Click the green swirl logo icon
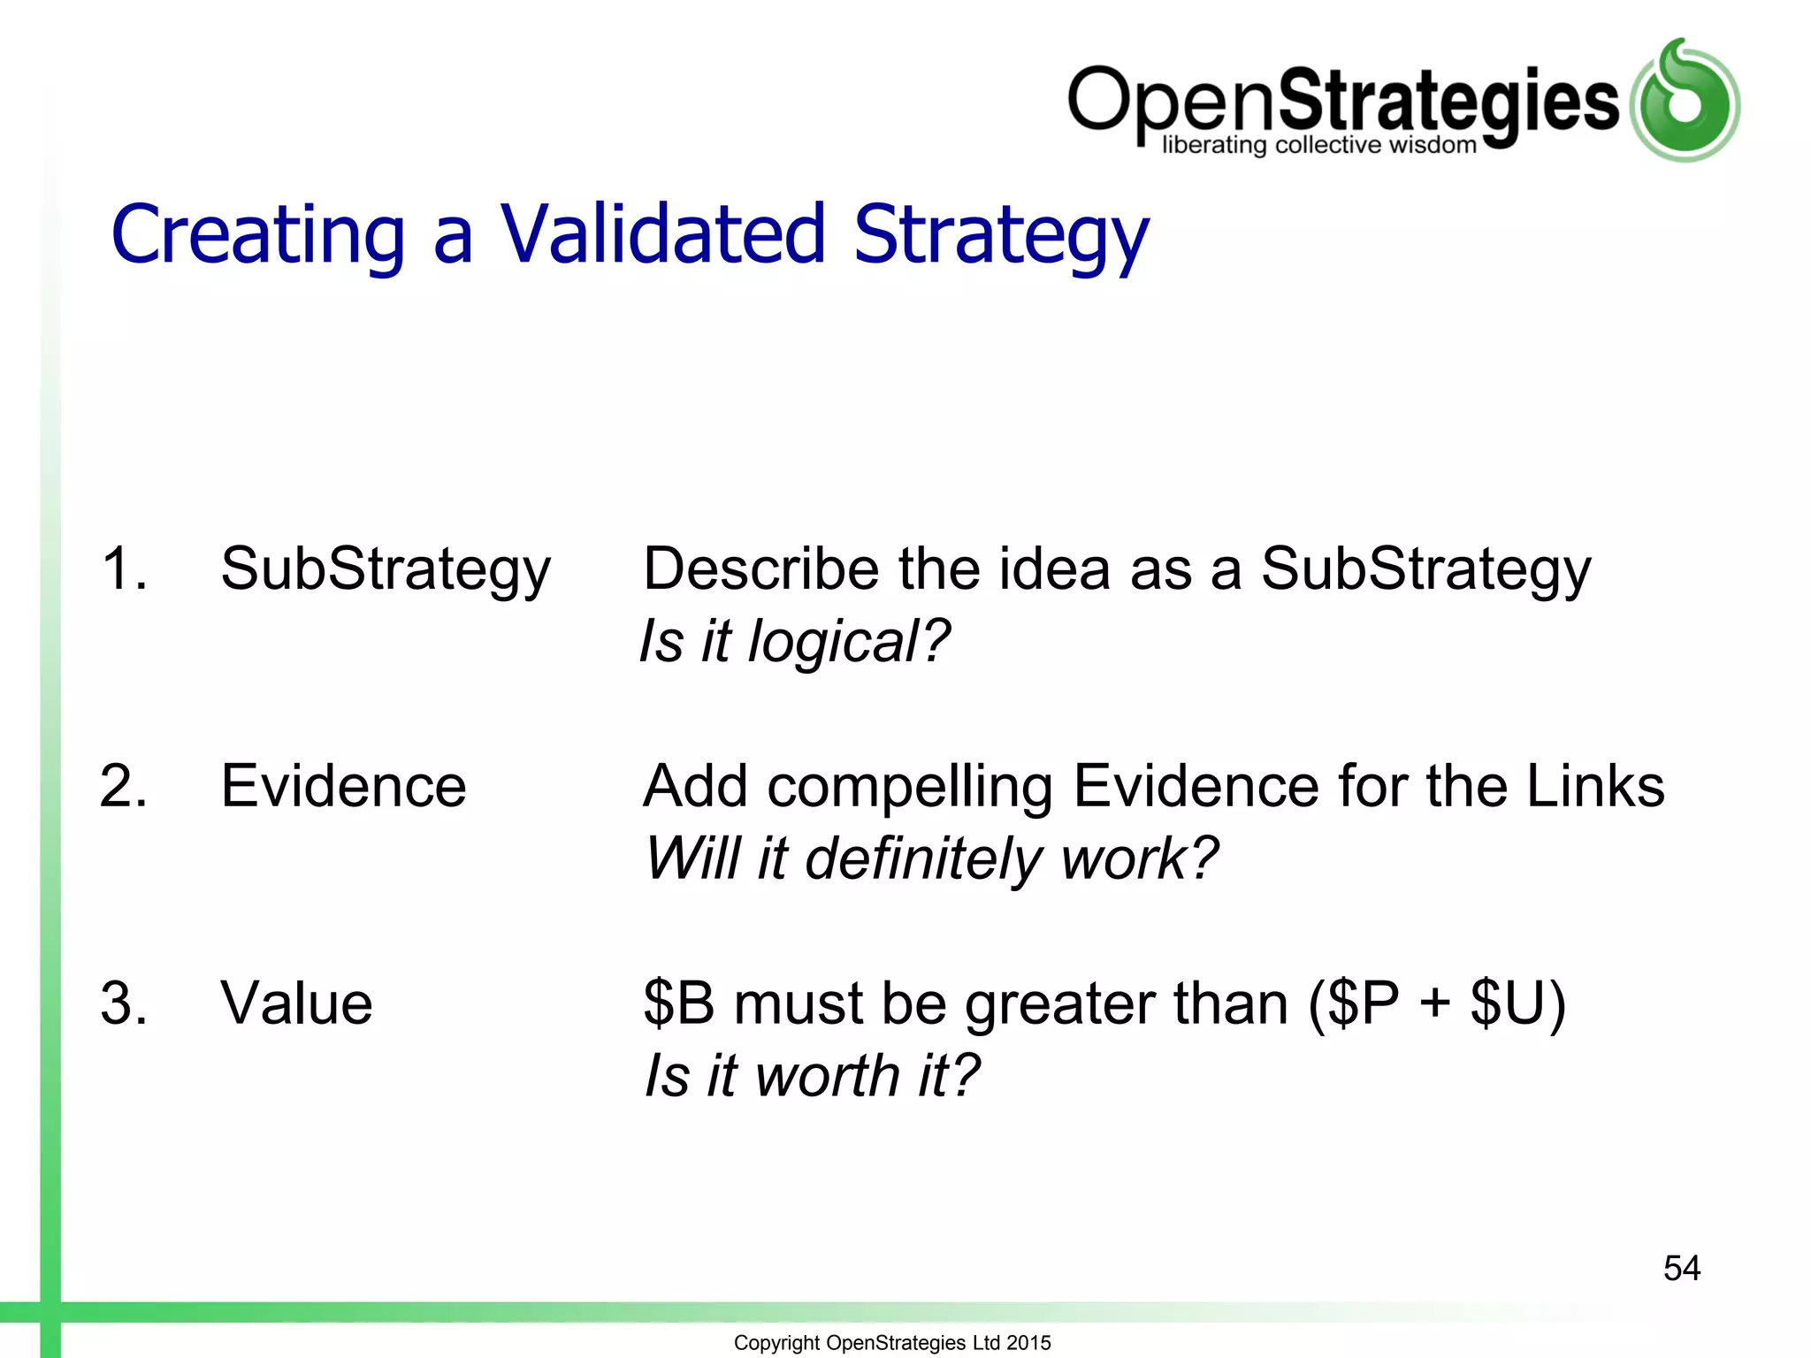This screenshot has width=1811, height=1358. (x=1685, y=101)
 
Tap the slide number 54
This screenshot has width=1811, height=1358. (x=1681, y=1268)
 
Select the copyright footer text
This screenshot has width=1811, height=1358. (x=891, y=1342)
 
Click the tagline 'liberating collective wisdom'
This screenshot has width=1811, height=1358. (x=1318, y=145)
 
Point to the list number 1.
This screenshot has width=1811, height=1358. (x=124, y=568)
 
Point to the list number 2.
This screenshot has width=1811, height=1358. (x=124, y=785)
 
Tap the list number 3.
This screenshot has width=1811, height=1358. (x=124, y=1003)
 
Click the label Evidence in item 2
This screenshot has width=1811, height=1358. (x=343, y=785)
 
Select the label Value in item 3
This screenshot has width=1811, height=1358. (x=296, y=1003)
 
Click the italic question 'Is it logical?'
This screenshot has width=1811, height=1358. (x=794, y=641)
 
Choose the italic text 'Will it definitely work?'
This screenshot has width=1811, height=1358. (x=931, y=858)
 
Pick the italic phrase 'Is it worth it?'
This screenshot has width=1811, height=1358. (x=812, y=1076)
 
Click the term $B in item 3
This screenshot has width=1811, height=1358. (x=678, y=1003)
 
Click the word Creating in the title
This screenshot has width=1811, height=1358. (x=257, y=234)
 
